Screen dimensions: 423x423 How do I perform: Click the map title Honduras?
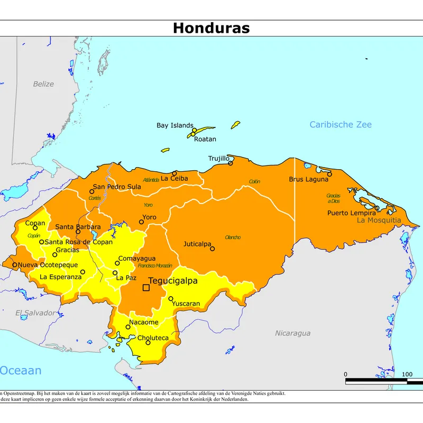(x=211, y=28)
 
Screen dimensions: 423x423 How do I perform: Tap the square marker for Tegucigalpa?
(x=146, y=288)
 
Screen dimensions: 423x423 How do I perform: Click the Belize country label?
(x=43, y=84)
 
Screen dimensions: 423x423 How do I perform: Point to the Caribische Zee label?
(x=341, y=125)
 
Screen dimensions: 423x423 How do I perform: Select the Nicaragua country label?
(x=292, y=333)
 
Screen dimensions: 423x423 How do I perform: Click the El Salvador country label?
(x=34, y=313)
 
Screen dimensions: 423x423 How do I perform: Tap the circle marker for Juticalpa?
(x=213, y=249)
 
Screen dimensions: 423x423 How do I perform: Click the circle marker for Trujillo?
(x=231, y=163)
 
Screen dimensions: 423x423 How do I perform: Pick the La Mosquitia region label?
(x=379, y=220)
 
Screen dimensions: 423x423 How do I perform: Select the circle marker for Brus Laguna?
(x=329, y=174)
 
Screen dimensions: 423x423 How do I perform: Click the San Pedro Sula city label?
(x=117, y=187)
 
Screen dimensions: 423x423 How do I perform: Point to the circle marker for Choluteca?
(x=148, y=343)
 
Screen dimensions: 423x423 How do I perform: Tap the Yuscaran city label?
(x=186, y=304)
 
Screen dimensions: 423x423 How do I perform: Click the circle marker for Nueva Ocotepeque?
(x=15, y=265)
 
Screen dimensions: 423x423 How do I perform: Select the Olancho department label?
(x=233, y=237)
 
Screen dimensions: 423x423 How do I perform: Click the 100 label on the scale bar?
(x=407, y=374)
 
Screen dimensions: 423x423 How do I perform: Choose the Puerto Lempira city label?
(x=351, y=213)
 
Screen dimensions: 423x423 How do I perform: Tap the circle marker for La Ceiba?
(x=174, y=173)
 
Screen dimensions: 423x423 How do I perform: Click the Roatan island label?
(x=205, y=139)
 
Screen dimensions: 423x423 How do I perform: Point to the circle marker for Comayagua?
(x=117, y=263)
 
